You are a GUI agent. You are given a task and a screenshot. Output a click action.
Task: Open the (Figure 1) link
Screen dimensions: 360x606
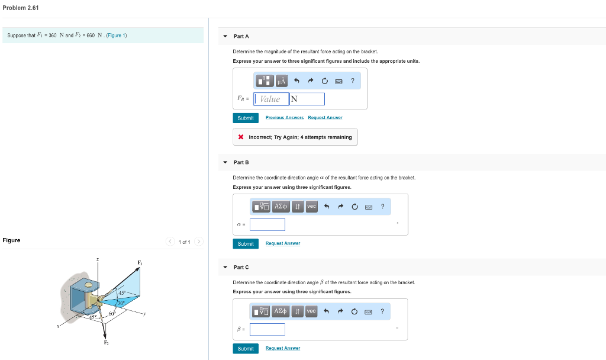coord(117,36)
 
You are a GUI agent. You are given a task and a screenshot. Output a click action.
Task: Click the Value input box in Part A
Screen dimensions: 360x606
coord(271,99)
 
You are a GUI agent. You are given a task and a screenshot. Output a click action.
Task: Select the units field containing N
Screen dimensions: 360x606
coord(307,99)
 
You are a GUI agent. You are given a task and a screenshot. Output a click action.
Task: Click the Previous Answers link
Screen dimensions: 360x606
coord(284,118)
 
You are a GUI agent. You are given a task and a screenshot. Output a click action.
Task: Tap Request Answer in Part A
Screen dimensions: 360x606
coord(325,118)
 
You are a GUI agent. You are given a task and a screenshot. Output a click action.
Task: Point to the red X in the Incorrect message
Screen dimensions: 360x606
coord(241,137)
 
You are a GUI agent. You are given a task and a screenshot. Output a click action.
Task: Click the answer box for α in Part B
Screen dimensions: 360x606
coord(267,225)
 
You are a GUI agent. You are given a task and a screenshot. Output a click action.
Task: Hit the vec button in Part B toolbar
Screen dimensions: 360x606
coord(312,206)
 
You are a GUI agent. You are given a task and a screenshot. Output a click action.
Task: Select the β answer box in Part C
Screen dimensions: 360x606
coord(267,329)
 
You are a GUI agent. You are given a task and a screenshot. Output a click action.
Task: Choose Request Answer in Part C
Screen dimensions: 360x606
coord(282,348)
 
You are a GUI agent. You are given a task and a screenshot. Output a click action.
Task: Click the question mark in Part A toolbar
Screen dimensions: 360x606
coord(352,80)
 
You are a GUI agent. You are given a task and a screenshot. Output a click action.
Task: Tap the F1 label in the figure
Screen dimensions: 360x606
coord(140,262)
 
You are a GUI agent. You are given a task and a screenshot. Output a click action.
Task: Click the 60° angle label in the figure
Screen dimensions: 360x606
coord(112,313)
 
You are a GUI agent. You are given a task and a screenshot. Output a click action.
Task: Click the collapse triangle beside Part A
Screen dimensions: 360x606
coord(225,36)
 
